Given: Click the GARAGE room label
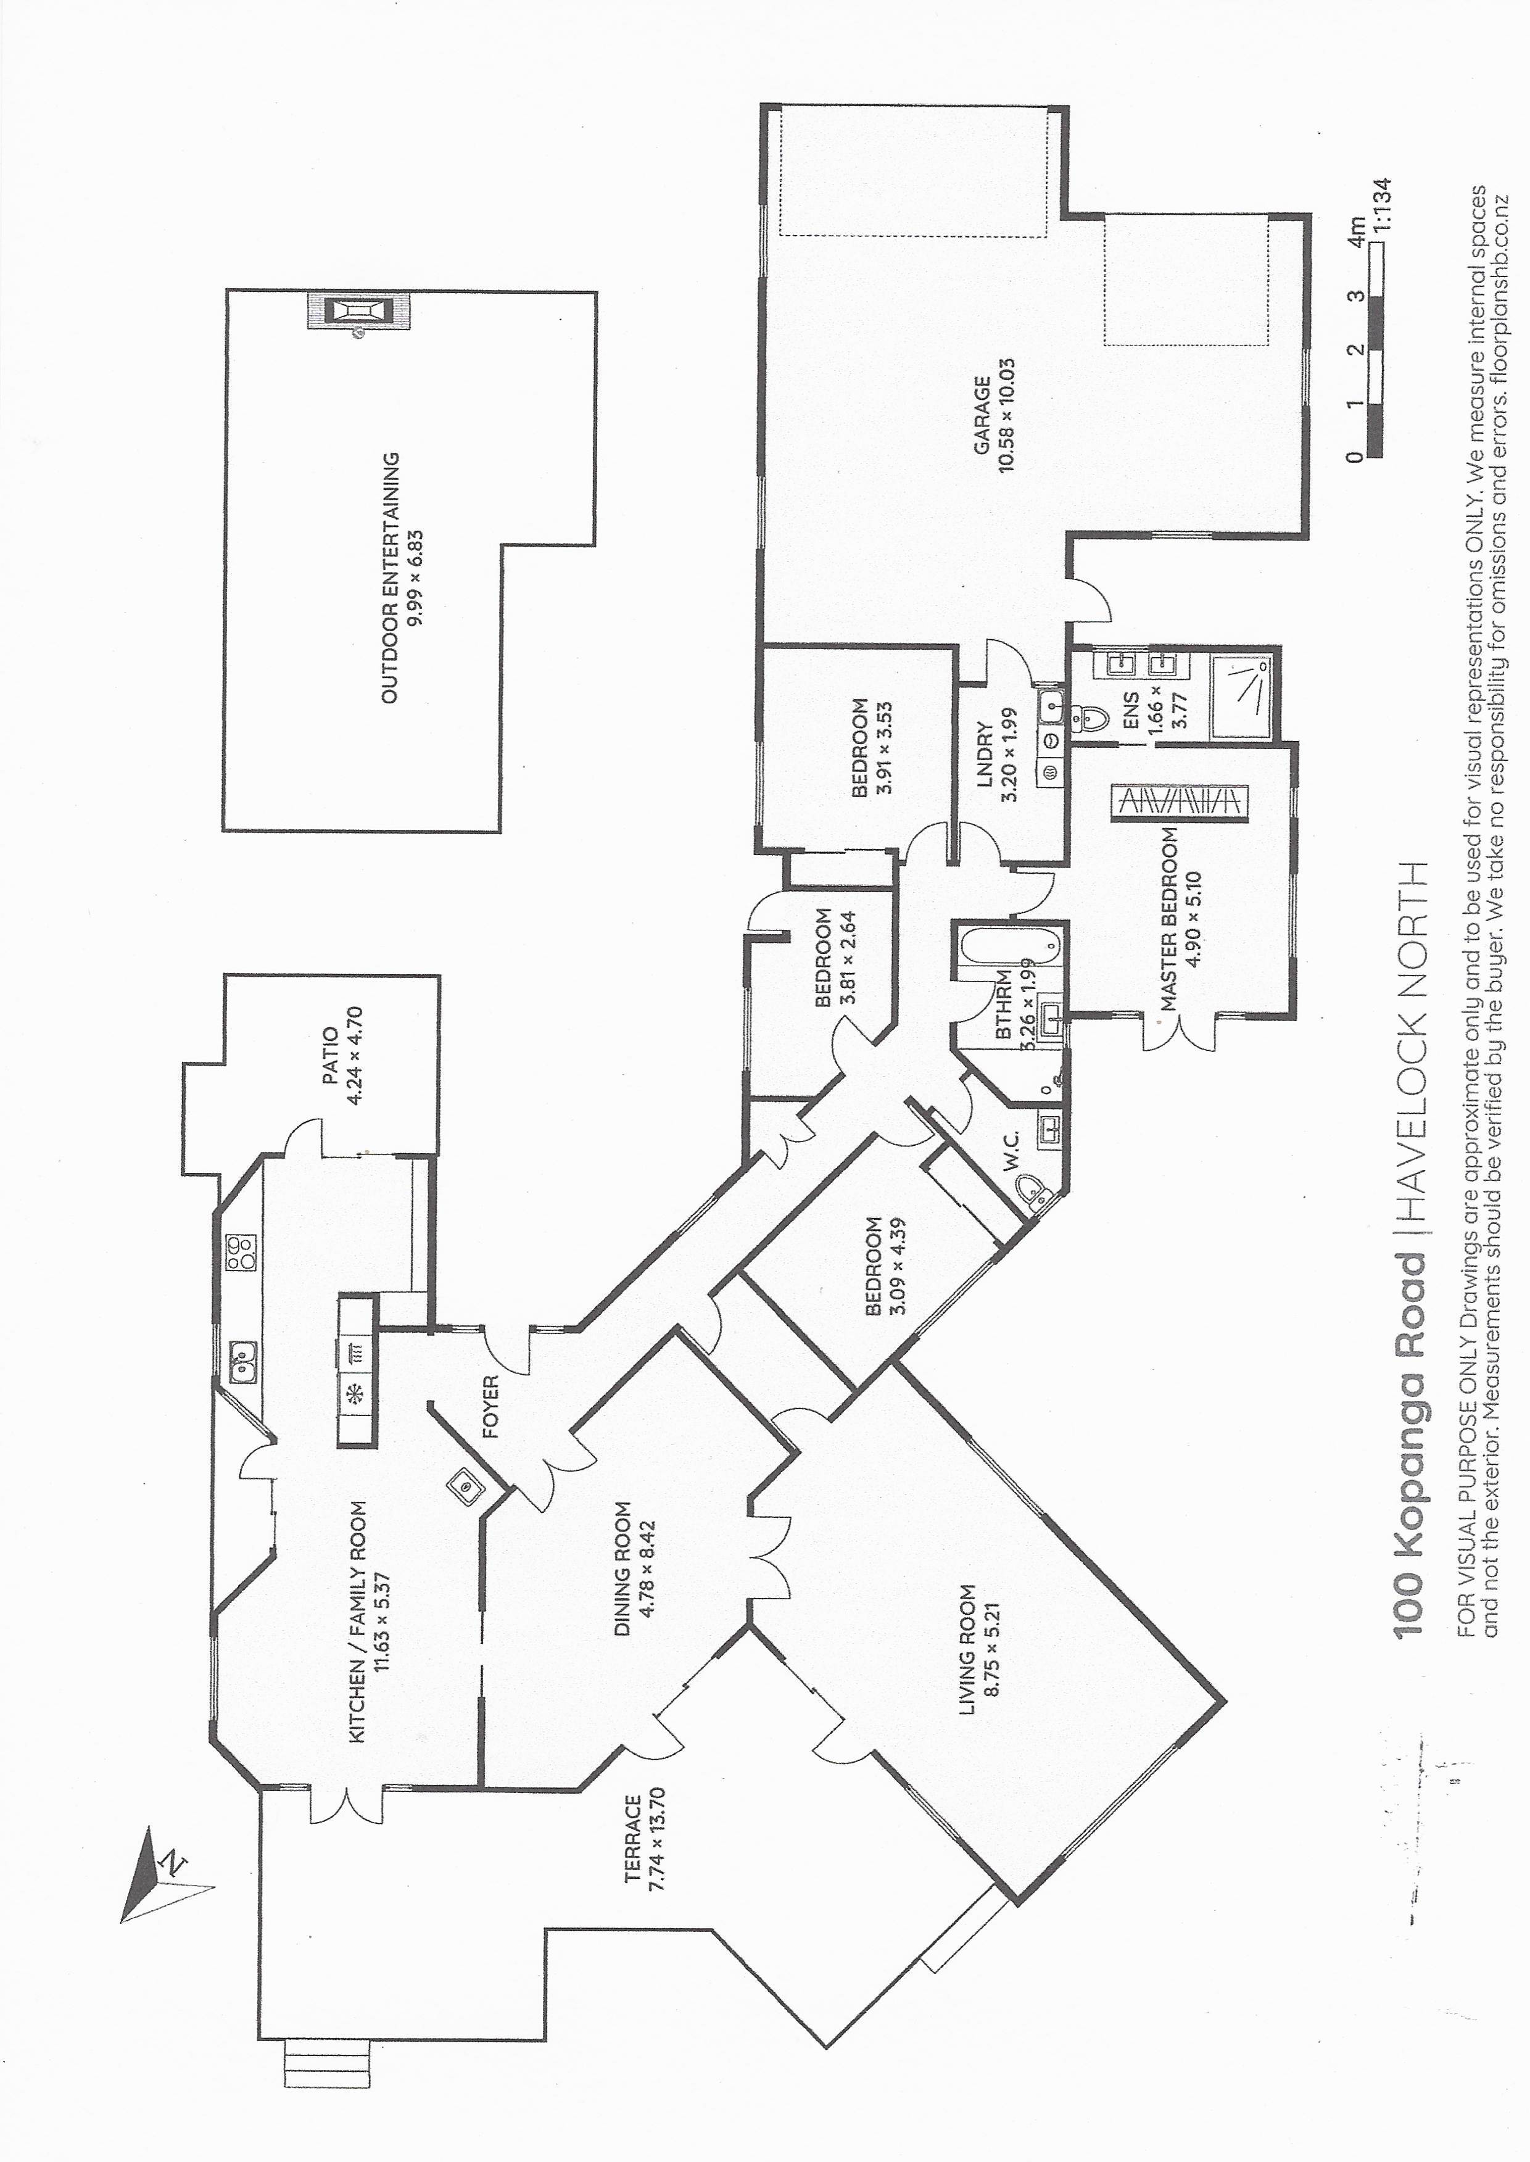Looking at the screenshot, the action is pyautogui.click(x=982, y=415).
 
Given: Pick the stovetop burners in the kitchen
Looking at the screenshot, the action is pyautogui.click(x=240, y=1252).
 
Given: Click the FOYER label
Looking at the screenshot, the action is pyautogui.click(x=490, y=1407).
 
